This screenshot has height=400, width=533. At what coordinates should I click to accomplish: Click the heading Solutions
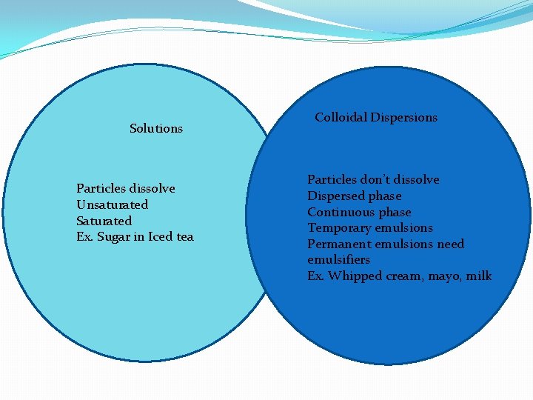[x=155, y=129]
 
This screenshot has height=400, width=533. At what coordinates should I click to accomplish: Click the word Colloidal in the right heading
[x=341, y=117]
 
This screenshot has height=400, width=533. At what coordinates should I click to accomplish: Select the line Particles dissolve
[x=125, y=189]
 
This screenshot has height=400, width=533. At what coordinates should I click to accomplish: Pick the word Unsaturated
[x=112, y=205]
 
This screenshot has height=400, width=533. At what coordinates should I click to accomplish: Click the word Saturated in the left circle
[x=104, y=221]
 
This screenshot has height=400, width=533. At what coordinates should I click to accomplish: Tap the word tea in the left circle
[x=184, y=237]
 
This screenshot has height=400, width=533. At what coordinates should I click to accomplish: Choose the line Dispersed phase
[x=355, y=196]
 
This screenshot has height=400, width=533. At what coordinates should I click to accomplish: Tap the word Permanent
[x=341, y=244]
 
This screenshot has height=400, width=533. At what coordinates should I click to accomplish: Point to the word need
[x=450, y=244]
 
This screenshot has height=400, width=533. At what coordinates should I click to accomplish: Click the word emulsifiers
[x=338, y=260]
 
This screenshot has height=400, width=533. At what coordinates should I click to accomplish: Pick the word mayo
[x=444, y=276]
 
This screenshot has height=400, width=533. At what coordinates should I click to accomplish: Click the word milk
[x=479, y=276]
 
